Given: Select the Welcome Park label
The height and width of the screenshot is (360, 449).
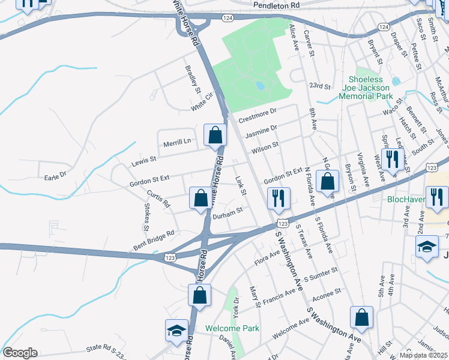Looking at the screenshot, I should (232, 328).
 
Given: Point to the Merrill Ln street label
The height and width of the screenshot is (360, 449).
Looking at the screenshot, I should (176, 142).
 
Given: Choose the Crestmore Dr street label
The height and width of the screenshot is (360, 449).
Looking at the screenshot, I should (257, 115).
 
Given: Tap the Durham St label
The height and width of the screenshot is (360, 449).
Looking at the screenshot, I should (227, 211).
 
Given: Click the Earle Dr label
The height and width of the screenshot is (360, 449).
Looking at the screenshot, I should (55, 177).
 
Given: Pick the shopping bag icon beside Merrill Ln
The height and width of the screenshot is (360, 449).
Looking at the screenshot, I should (215, 136).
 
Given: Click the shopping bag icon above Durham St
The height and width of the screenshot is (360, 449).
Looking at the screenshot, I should (200, 198).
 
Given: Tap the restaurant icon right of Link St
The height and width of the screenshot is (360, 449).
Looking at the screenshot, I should (278, 199).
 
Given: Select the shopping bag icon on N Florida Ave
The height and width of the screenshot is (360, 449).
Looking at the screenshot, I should (328, 182).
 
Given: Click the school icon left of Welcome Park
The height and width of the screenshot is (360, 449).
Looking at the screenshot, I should (176, 331).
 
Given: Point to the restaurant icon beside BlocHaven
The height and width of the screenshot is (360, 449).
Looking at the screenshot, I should (437, 197).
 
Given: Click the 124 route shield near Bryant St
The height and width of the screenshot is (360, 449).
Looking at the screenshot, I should (384, 28).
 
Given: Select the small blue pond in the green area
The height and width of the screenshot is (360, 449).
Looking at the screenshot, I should (260, 86).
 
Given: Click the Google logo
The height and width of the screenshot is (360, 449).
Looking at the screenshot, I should (20, 353).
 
